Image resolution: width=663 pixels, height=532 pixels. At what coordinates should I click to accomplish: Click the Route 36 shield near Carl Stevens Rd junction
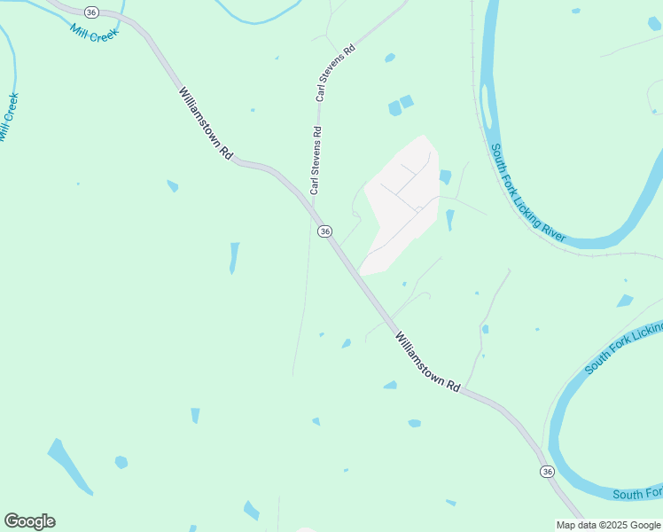(325, 231)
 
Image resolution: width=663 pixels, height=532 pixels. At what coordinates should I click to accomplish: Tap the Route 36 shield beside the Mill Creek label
(91, 12)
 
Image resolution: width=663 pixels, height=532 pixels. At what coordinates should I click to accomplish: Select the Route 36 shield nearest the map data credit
(547, 471)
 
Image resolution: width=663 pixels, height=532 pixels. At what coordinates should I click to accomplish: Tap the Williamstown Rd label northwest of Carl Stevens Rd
(206, 122)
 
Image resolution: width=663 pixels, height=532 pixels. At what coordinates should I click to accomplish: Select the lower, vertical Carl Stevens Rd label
(316, 160)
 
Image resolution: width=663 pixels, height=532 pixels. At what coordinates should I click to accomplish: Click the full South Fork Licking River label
(528, 192)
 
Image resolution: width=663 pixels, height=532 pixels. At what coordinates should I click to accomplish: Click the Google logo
(29, 521)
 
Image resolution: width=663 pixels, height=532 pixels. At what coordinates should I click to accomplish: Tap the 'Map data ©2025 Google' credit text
(609, 525)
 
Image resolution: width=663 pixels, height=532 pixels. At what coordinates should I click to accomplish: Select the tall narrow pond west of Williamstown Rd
(234, 257)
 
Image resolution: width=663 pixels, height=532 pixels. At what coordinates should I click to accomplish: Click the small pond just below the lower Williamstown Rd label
(390, 385)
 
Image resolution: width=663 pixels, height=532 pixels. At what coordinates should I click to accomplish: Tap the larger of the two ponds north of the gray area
(394, 108)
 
